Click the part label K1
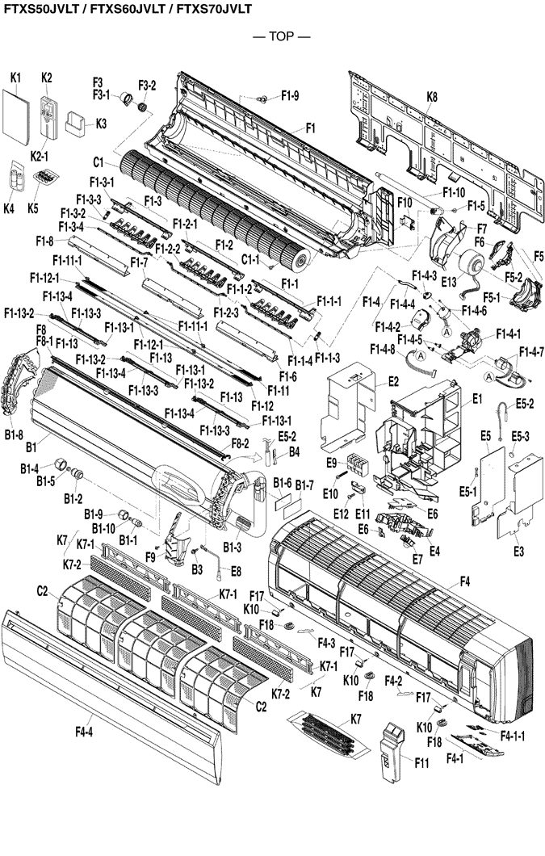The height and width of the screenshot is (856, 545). [15, 77]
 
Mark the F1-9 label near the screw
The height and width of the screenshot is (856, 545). [290, 96]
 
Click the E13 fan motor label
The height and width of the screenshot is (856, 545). [449, 281]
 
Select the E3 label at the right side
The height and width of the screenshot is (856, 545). [518, 552]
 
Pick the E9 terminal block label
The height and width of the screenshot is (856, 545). [331, 463]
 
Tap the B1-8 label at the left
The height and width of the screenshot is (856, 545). [14, 435]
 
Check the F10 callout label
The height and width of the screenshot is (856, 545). [405, 201]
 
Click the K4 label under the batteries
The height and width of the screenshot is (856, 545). [9, 208]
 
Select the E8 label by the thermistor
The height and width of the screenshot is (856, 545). [236, 571]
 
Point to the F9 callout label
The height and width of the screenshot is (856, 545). [150, 556]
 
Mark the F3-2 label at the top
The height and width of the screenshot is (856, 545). [147, 85]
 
